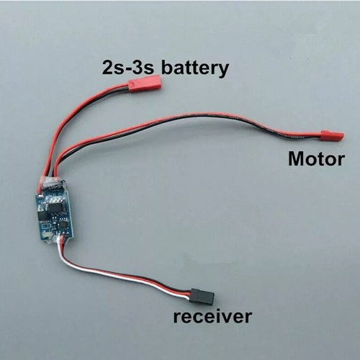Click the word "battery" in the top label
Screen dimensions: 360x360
tap(194, 68)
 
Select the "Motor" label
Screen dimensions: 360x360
tap(317, 159)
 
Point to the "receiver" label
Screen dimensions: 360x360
tap(212, 316)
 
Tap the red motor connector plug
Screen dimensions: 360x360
tap(333, 135)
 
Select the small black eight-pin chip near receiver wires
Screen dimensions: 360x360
tap(63, 224)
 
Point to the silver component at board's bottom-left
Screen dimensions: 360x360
tap(48, 234)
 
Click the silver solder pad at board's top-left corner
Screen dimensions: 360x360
tap(42, 195)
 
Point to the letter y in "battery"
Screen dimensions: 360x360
tap(222, 71)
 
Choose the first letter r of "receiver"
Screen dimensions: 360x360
tap(177, 318)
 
